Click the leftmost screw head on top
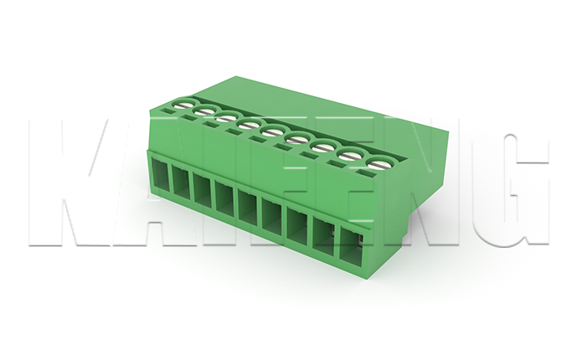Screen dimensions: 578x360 [183, 105]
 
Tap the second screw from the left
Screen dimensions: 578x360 [204, 111]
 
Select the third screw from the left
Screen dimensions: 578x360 [226, 118]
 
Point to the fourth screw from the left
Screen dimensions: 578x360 [249, 126]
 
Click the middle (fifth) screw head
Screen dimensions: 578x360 [273, 131]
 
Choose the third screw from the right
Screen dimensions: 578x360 [323, 147]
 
